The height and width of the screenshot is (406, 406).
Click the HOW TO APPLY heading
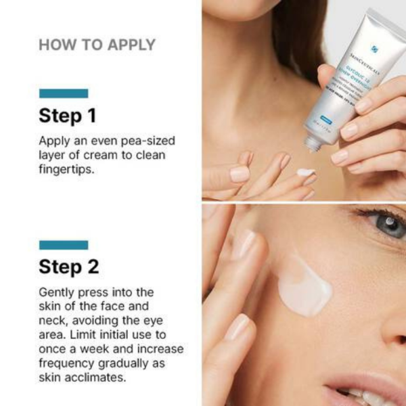point(97,45)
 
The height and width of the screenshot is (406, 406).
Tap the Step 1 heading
point(67,116)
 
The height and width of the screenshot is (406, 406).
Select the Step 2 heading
point(68,267)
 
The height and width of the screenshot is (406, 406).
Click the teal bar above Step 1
point(64,93)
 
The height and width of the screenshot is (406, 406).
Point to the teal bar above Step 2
point(64,245)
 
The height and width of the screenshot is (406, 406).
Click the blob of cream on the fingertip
point(305,172)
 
